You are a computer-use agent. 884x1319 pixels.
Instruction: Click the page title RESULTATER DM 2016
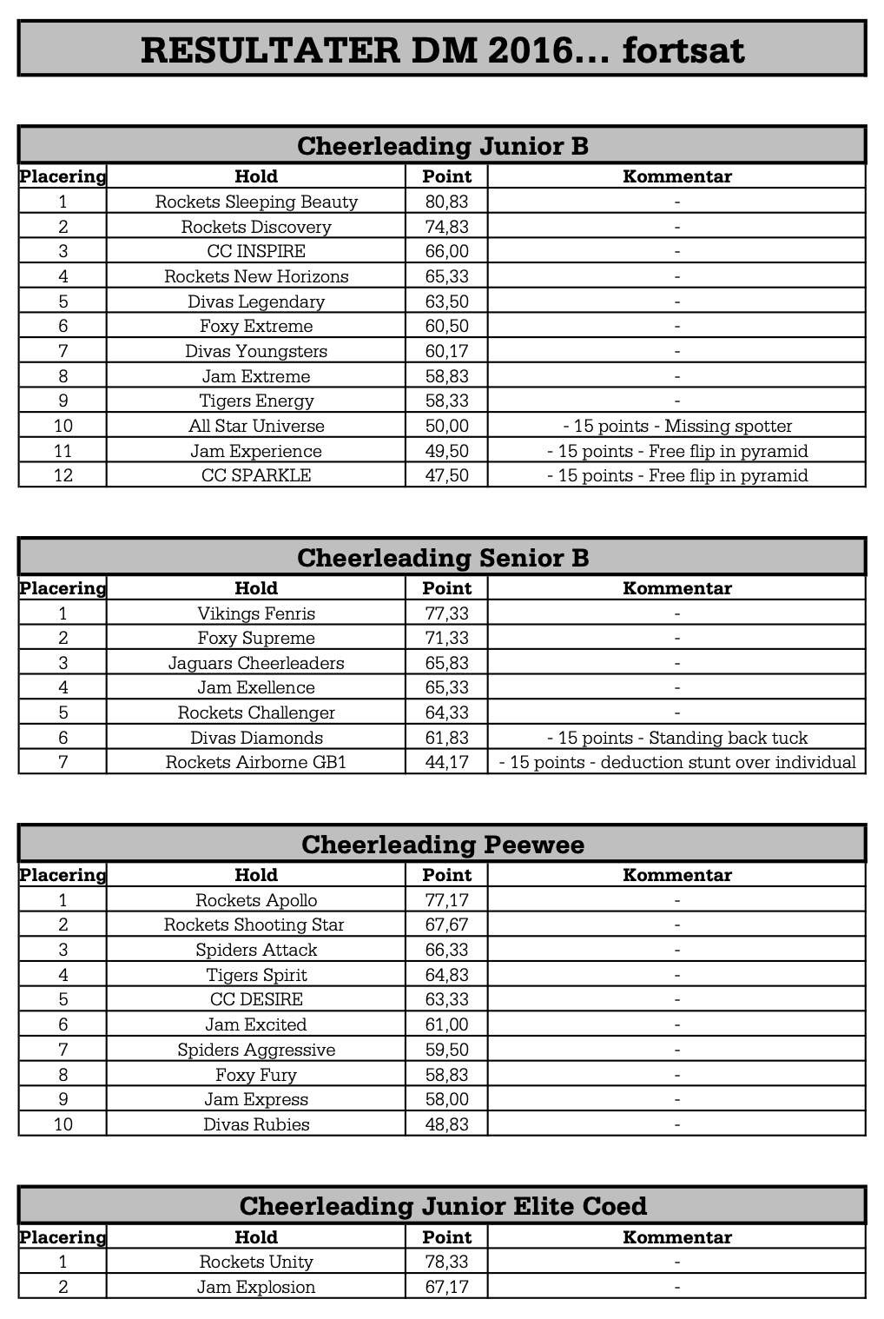[442, 50]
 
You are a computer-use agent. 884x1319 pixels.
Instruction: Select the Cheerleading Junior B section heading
[442, 145]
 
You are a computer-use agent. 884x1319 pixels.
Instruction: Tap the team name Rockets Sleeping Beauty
[256, 202]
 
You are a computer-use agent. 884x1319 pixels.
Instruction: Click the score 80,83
[446, 202]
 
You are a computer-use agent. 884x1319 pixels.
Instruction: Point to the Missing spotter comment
[676, 426]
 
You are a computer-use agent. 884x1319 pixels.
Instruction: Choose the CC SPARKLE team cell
[256, 475]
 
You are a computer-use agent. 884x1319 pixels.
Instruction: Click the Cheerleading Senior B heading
[442, 557]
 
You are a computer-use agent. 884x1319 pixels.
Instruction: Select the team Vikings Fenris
[256, 613]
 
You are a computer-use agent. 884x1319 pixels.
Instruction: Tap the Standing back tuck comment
[676, 738]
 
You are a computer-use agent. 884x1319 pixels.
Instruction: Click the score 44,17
[446, 763]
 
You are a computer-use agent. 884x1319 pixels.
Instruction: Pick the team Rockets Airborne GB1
[256, 763]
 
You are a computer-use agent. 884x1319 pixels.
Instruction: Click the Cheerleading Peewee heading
[442, 844]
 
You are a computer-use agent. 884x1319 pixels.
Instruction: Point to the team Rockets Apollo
[256, 900]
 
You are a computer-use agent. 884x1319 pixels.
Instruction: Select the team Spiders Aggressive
[256, 1050]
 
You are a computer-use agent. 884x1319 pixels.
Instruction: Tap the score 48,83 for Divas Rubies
[446, 1124]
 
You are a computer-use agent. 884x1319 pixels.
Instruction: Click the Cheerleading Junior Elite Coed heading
[442, 1205]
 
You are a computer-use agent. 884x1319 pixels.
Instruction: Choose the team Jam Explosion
[256, 1287]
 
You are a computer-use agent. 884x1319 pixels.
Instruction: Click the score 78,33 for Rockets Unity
[446, 1262]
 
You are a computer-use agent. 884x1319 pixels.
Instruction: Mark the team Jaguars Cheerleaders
[256, 663]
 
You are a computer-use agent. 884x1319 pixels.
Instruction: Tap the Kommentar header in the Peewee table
[676, 875]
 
